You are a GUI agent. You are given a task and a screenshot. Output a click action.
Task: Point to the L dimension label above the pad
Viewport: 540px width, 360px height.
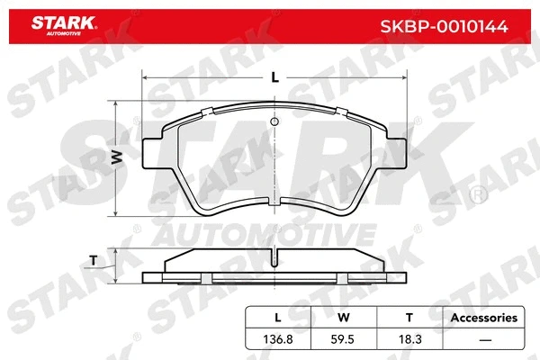tap(274, 77)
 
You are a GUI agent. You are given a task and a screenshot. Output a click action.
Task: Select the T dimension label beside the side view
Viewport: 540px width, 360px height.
tap(94, 261)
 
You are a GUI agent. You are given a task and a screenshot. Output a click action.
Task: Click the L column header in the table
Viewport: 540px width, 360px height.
tap(277, 318)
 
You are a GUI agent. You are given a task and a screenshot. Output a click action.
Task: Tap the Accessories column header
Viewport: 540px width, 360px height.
tap(483, 318)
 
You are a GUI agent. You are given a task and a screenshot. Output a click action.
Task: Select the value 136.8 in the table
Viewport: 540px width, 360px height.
tap(277, 340)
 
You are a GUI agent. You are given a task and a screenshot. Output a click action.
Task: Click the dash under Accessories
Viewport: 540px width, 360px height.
tap(483, 340)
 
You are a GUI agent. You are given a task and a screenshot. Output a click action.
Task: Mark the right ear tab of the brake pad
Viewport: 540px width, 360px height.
tap(393, 151)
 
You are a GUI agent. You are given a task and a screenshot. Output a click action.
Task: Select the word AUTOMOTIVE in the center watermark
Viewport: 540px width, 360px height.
tap(274, 236)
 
